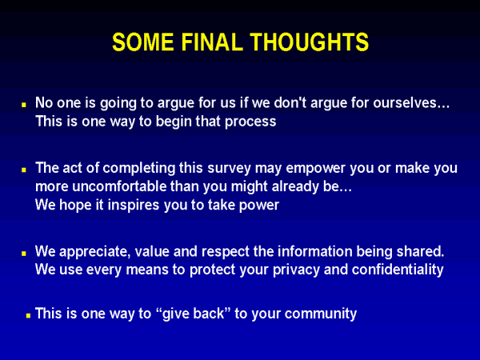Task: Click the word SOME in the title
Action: (143, 42)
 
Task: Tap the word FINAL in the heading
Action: (212, 42)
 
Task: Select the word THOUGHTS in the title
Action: (309, 42)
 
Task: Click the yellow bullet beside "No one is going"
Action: (24, 105)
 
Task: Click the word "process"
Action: (250, 122)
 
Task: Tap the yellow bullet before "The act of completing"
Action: (24, 170)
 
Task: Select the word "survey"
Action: (229, 169)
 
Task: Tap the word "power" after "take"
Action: (259, 206)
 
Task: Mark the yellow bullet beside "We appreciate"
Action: (24, 254)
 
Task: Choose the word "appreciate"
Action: (95, 252)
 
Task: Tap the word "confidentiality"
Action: (398, 270)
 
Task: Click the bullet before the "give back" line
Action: (28, 315)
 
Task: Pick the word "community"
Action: (321, 314)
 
